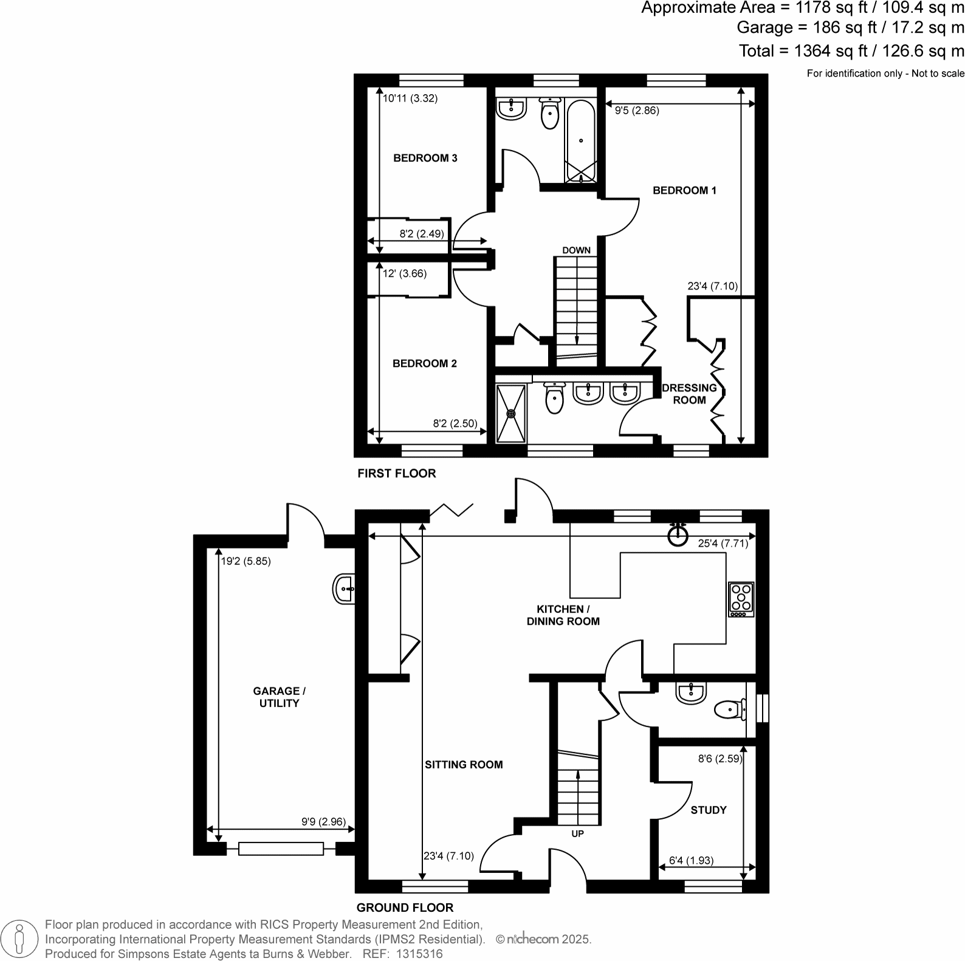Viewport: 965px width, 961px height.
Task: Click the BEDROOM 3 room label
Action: tap(425, 158)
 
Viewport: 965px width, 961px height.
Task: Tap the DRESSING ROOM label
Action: tap(689, 394)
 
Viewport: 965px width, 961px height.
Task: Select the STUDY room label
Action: tap(709, 810)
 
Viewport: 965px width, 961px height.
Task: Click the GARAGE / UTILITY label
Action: tap(279, 697)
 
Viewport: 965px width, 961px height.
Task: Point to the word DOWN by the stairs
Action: tap(576, 250)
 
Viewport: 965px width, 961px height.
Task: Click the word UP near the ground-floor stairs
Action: tap(577, 833)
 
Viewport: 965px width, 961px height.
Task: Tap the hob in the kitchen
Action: tap(741, 600)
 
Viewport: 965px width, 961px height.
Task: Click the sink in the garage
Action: tap(344, 589)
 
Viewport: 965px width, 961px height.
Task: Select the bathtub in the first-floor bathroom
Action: tap(581, 141)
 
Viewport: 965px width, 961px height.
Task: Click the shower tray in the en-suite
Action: tap(511, 413)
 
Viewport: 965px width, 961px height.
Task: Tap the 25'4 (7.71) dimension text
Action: tap(723, 544)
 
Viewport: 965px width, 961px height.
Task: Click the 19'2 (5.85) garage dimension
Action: tap(246, 561)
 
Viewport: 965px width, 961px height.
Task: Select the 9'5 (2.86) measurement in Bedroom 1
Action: tap(637, 111)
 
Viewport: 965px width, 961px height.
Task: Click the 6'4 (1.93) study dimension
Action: tap(691, 860)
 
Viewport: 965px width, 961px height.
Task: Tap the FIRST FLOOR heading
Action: tap(396, 473)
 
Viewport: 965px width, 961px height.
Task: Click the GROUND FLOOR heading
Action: tap(405, 908)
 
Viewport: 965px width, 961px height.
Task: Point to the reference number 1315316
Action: tap(419, 954)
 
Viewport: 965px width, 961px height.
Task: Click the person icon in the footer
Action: tap(20, 939)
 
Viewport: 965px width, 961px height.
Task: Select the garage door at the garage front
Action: tap(281, 849)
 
